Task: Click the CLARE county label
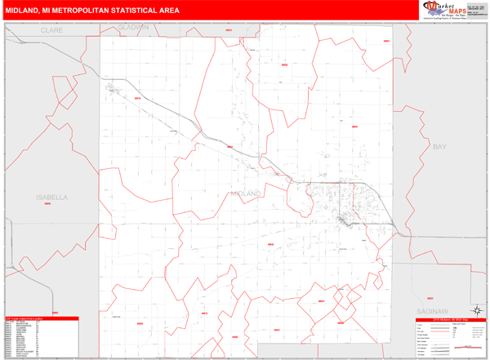52,30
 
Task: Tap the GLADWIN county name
133,27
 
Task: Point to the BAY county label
439,146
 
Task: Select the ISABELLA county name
52,198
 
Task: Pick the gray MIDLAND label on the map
245,193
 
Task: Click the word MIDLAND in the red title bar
26,11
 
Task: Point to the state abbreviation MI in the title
55,11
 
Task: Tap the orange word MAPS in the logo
451,10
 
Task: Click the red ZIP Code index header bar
41,318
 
